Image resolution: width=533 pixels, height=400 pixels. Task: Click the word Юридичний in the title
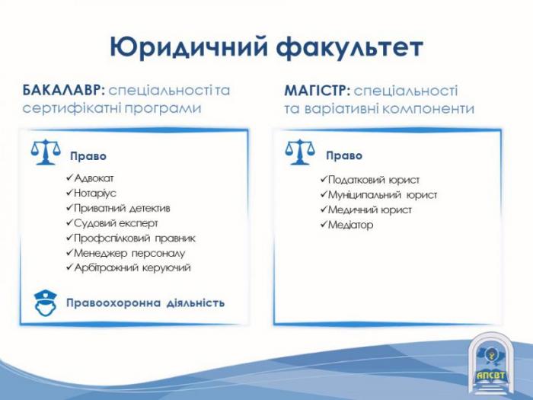[189, 46]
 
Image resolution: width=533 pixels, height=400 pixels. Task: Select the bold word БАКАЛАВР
[64, 90]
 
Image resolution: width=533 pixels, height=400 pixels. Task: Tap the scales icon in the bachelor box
[46, 152]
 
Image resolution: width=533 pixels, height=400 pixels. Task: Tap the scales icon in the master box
[299, 152]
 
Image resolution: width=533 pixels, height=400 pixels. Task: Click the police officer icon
[45, 302]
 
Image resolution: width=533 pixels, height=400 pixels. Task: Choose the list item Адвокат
[94, 178]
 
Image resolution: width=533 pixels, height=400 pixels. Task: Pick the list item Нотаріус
[95, 194]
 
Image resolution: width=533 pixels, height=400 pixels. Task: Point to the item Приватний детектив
[122, 208]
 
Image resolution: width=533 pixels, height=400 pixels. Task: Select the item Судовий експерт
[116, 223]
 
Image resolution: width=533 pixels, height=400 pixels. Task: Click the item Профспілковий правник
[135, 238]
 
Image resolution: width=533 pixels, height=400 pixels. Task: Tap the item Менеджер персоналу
[129, 253]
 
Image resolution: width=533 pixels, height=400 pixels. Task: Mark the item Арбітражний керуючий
[132, 267]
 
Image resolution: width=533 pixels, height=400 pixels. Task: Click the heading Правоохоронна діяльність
[145, 302]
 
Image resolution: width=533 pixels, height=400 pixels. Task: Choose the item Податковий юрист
[373, 180]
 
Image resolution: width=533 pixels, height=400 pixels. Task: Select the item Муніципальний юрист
[382, 195]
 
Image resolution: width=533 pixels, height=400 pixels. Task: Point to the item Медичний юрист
[369, 210]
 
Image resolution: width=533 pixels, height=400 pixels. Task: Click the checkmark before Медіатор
[324, 224]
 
